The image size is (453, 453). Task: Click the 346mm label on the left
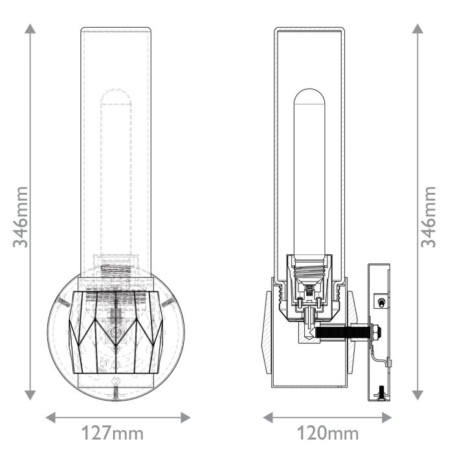click(x=21, y=216)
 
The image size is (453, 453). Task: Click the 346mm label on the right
click(x=428, y=216)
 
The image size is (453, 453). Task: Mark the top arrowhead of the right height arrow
click(x=418, y=29)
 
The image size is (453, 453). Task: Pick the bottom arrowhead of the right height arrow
click(x=418, y=395)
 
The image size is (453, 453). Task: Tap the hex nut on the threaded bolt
click(x=374, y=333)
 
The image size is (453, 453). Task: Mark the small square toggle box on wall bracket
click(x=382, y=302)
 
